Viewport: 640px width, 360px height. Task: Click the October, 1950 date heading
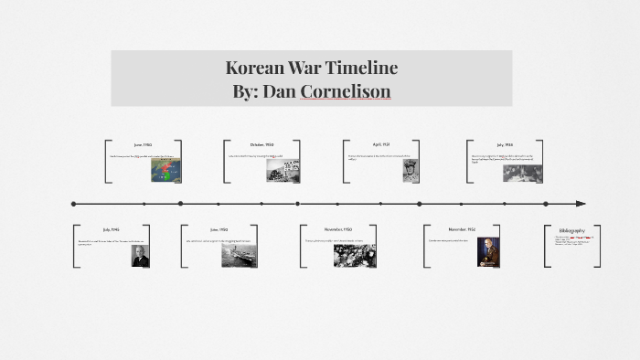tap(262, 144)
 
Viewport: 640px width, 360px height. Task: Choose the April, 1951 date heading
tap(382, 144)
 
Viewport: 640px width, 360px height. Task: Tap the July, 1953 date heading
tap(505, 144)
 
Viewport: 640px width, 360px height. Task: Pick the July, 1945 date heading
tap(112, 228)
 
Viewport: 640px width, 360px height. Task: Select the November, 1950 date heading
tap(339, 228)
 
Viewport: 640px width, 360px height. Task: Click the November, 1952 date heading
tap(462, 228)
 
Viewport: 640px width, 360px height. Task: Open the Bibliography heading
tap(572, 229)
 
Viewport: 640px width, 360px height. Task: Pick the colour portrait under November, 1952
tap(488, 253)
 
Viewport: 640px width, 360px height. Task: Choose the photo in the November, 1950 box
tap(355, 255)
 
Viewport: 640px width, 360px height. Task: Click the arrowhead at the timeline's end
tap(580, 204)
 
